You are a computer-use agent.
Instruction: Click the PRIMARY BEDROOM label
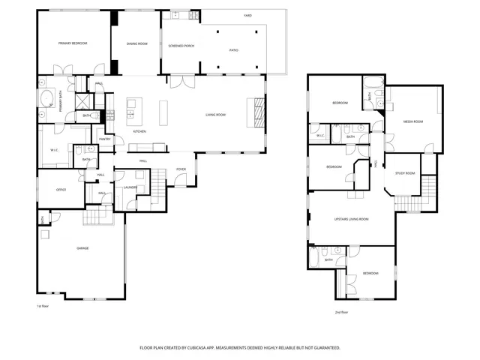73,43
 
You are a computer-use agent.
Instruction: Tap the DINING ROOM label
136,43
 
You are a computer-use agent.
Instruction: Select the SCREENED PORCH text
181,46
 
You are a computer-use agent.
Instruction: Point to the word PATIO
233,49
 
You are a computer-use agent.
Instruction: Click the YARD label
247,16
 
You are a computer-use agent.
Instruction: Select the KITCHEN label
139,132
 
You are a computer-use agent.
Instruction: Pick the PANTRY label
105,139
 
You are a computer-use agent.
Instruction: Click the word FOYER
181,169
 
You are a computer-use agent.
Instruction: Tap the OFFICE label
61,190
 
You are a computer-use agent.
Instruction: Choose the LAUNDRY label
129,187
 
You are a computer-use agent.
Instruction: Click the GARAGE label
82,248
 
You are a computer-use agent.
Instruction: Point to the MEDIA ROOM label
413,121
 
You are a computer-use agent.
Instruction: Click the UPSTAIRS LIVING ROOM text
351,219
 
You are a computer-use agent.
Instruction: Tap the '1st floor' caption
43,306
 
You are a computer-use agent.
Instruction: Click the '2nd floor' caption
342,312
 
